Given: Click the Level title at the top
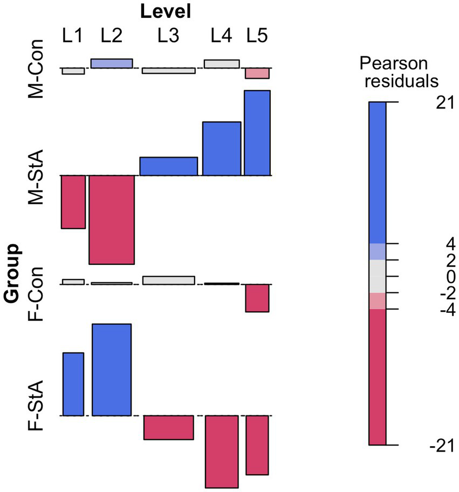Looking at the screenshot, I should click(x=166, y=11).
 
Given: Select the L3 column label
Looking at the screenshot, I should click(x=168, y=36).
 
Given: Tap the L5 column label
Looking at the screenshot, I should click(x=257, y=36).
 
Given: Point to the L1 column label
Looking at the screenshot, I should click(x=72, y=36).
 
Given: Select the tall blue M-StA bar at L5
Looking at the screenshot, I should click(x=257, y=133).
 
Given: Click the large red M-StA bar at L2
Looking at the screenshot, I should click(x=112, y=220).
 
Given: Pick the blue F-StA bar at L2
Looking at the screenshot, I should click(x=112, y=370).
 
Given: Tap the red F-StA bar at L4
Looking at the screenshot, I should click(x=222, y=452).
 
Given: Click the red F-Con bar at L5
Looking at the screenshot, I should click(x=257, y=298).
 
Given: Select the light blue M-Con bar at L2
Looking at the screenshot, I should click(x=112, y=64).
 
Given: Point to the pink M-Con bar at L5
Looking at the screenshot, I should click(x=257, y=73).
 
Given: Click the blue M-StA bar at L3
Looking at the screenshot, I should click(x=168, y=166).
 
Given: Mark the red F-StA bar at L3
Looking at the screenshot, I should click(x=168, y=427).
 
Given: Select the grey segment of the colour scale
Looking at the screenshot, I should click(x=378, y=276).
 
